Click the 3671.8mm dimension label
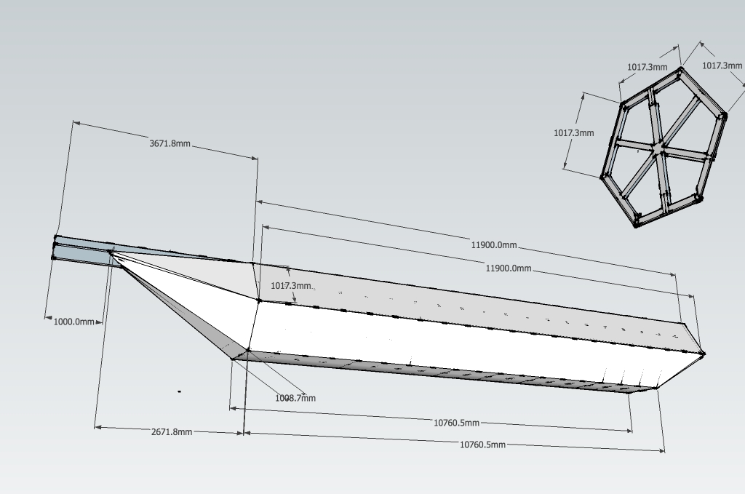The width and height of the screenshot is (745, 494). [170, 143]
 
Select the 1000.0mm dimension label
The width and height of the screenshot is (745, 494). [74, 322]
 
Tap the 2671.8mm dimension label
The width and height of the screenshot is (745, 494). [172, 431]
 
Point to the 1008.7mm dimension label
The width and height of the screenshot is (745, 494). [295, 398]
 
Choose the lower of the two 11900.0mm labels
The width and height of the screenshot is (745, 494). [509, 268]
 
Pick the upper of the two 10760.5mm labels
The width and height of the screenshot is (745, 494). [456, 423]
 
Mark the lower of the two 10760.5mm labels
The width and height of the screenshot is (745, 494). [482, 445]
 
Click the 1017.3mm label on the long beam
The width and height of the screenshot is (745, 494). [291, 286]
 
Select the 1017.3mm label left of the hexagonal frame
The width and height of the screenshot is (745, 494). [573, 133]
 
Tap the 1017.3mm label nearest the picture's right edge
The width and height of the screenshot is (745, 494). [722, 65]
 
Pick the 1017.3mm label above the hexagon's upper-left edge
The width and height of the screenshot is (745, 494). [647, 67]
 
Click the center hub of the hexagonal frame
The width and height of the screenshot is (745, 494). [657, 148]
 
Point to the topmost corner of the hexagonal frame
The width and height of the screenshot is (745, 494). [681, 70]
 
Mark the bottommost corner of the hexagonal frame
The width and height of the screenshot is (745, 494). [637, 226]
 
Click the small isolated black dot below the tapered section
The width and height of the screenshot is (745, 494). [179, 391]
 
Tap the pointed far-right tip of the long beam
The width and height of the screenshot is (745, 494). [703, 354]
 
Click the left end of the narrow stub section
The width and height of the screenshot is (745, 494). [55, 247]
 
